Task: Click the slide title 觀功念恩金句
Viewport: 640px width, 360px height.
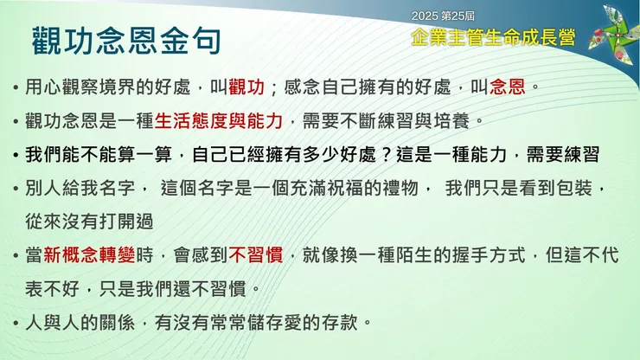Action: coord(126,41)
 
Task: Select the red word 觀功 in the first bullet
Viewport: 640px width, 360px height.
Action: coord(246,87)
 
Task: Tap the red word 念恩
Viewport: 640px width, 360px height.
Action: coord(508,87)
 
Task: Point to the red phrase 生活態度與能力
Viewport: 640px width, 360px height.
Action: coord(219,121)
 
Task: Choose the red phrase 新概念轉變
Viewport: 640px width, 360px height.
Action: coord(89,255)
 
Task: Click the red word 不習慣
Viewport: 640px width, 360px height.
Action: coord(256,255)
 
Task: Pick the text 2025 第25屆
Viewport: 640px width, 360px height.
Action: coord(443,16)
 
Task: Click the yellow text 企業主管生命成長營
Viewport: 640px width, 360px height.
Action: coord(494,37)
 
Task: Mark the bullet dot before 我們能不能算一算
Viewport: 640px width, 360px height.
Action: coord(16,155)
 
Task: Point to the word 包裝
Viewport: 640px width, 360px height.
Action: coord(574,189)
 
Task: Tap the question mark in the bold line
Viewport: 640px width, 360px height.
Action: coord(386,155)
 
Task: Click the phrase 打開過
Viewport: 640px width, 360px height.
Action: coord(126,222)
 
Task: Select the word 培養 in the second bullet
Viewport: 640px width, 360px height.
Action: coord(451,121)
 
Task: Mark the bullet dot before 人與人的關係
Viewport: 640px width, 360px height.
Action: coord(16,324)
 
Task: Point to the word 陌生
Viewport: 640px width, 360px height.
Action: coord(414,255)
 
